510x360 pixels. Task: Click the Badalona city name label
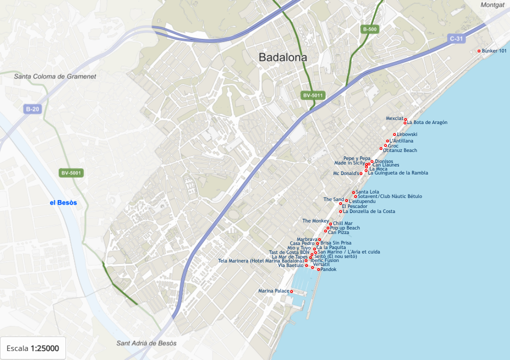(282, 57)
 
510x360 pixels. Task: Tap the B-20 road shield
(32, 109)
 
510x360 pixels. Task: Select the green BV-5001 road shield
(71, 173)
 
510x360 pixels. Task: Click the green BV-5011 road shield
(313, 95)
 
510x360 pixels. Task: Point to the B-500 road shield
(369, 29)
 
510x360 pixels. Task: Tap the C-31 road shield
(457, 38)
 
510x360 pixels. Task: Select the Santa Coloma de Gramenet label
(55, 76)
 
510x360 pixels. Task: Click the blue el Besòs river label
(63, 202)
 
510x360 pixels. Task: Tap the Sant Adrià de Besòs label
(146, 343)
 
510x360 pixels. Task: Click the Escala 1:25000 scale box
(33, 348)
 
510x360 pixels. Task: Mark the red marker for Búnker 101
(479, 51)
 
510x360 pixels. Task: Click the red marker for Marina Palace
(291, 291)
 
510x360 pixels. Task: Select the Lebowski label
(407, 134)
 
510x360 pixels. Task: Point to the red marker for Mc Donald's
(361, 173)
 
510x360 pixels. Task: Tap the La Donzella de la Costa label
(369, 211)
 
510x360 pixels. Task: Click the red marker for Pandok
(318, 269)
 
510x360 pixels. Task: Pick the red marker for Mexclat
(405, 119)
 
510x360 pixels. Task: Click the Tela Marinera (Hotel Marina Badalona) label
(260, 261)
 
